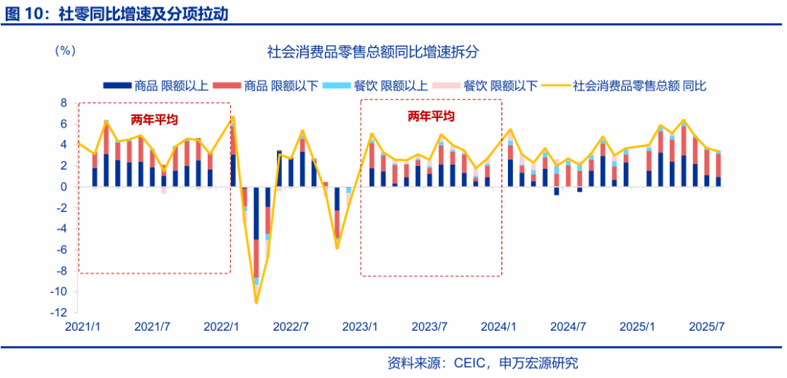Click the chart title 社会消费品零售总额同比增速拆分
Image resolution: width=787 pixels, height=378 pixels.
pos(372,53)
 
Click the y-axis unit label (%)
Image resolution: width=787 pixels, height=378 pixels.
pos(66,52)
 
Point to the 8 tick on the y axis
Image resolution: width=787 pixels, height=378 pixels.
pos(63,103)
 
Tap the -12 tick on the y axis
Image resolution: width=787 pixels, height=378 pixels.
pos(60,312)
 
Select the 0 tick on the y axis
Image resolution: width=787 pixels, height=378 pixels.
pos(63,187)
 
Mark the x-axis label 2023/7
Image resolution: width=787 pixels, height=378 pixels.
pos(431,326)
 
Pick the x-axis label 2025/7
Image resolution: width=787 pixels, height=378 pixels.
pos(707,326)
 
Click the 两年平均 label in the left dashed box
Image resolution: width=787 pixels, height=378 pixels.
pos(154,119)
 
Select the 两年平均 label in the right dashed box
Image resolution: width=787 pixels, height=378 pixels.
pos(431,117)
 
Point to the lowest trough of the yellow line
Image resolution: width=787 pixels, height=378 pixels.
pos(257,302)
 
